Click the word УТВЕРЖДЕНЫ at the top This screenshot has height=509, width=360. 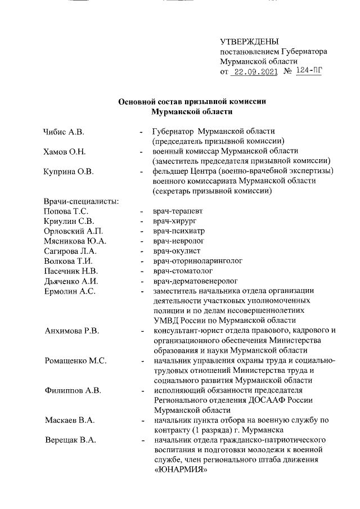click(x=249, y=42)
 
